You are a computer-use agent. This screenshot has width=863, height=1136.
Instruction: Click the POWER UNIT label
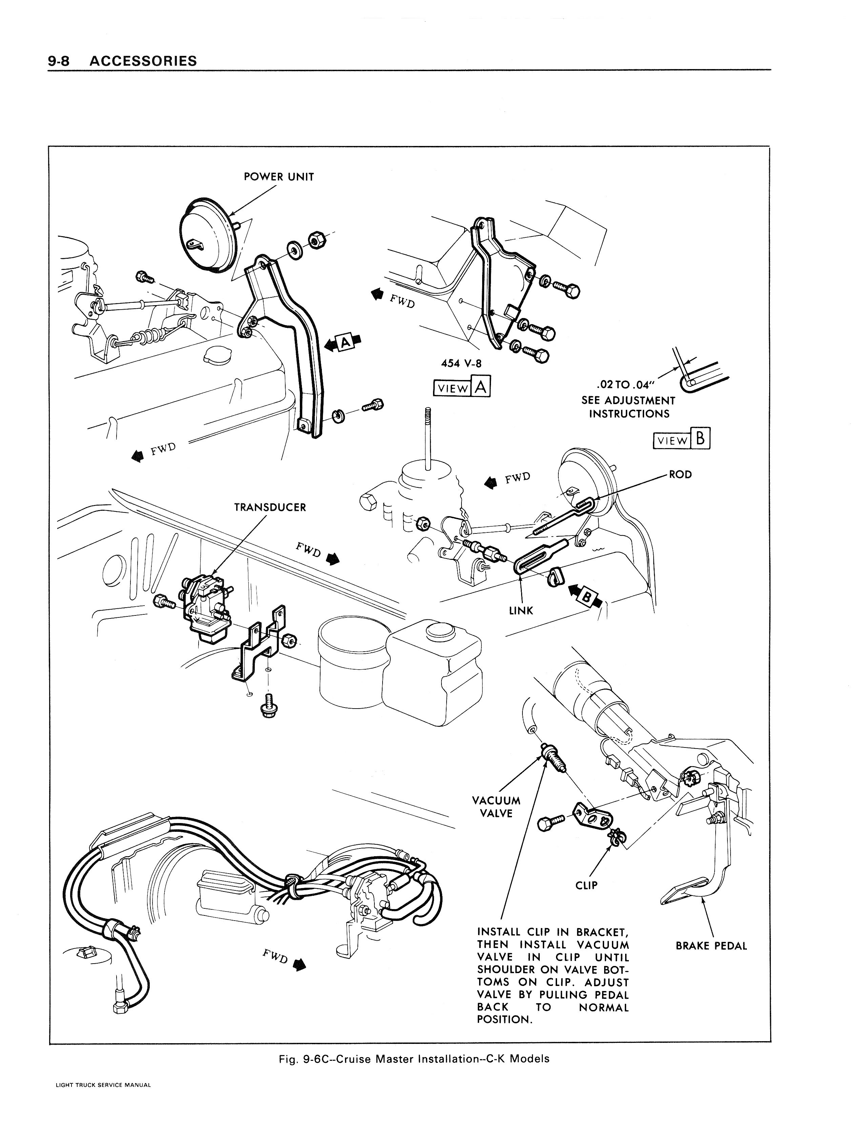tap(279, 177)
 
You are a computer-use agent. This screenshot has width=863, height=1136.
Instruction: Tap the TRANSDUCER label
tap(270, 507)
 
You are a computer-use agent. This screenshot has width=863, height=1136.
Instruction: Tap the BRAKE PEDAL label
tap(711, 946)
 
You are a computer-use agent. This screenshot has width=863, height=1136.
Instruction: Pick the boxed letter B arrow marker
tap(585, 597)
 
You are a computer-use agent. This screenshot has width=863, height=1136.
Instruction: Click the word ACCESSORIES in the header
tap(143, 61)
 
